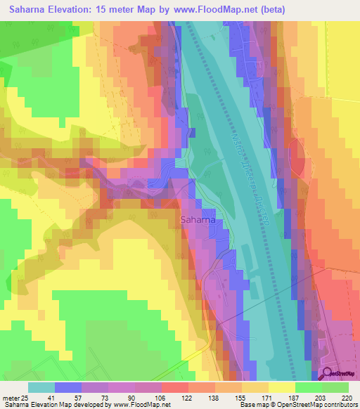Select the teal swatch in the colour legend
(x=41, y=387)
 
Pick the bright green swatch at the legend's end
(x=335, y=387)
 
